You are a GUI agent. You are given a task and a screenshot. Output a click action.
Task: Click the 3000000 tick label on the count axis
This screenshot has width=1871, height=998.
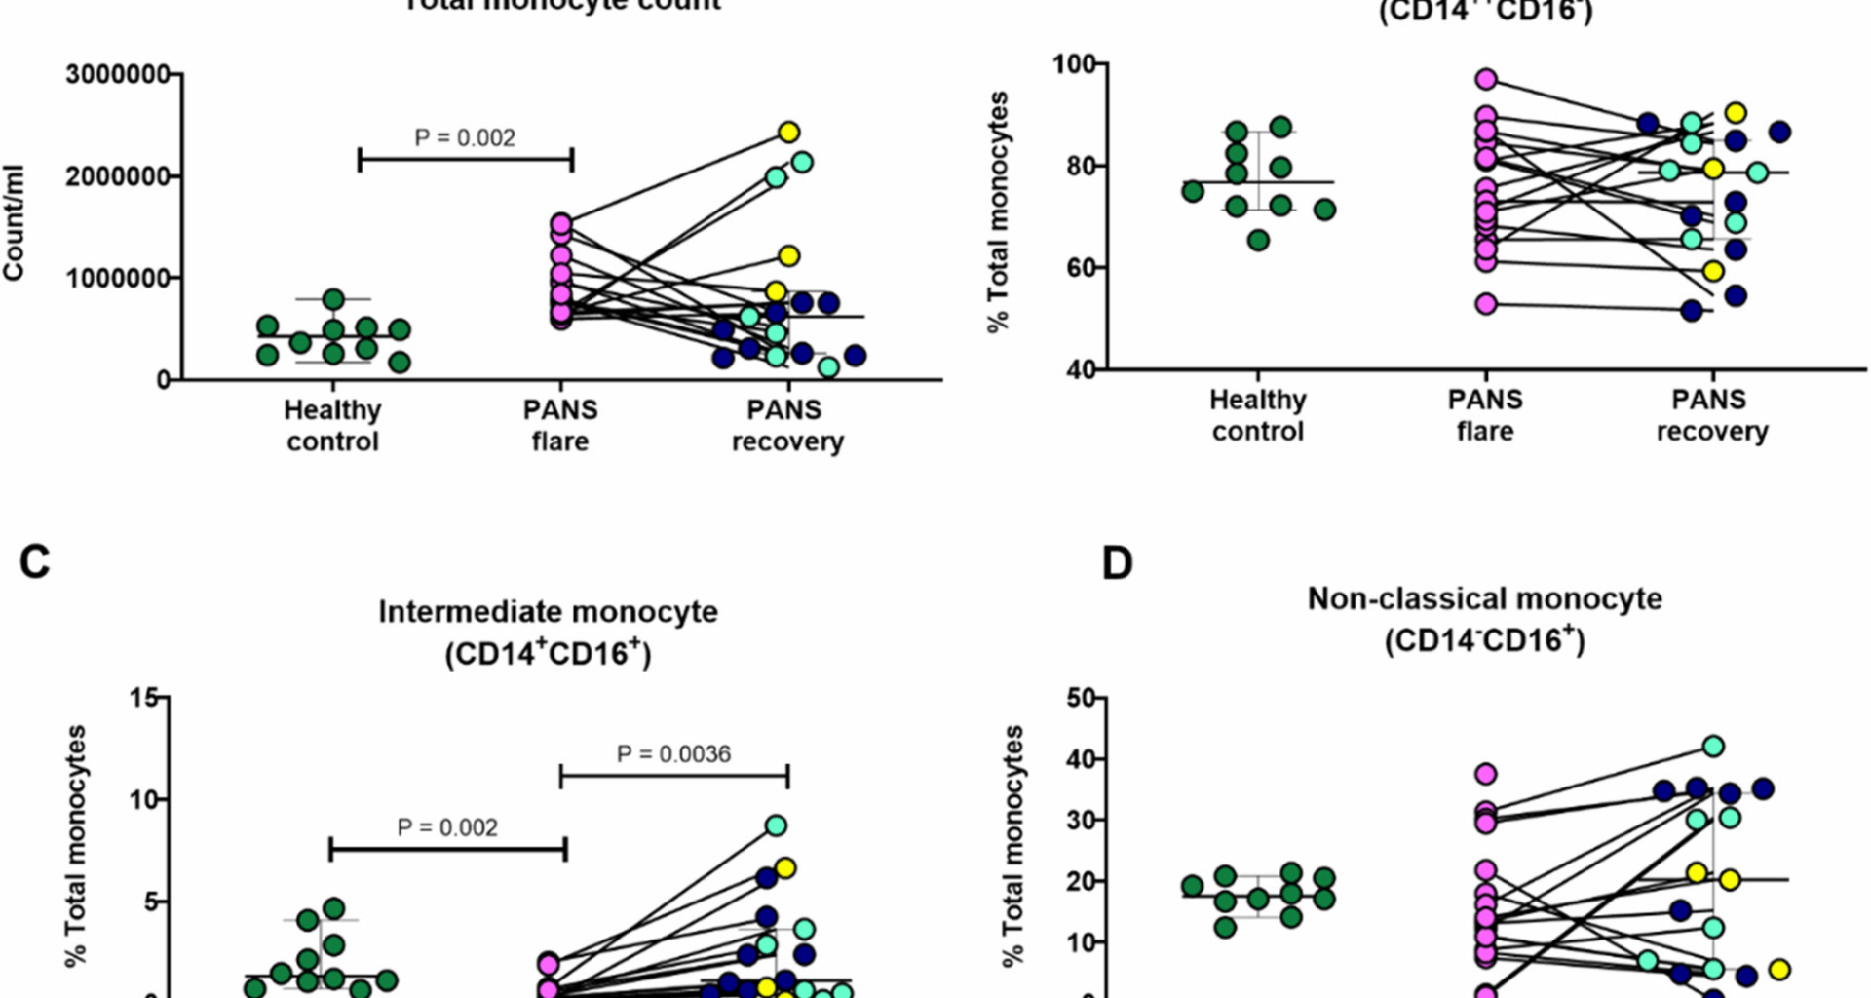coord(117,75)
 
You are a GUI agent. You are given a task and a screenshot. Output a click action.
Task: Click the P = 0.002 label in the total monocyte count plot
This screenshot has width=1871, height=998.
coord(465,138)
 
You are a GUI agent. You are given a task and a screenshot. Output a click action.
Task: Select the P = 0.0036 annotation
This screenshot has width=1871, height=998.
coord(673,754)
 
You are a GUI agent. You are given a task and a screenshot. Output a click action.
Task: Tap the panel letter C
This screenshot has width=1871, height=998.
coord(35,563)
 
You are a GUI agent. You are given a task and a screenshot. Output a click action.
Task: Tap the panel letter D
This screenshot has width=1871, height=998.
coord(1117,563)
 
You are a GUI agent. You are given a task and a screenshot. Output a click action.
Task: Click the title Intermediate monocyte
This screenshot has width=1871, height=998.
coord(548,612)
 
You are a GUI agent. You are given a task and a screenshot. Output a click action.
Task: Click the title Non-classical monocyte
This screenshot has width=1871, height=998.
coord(1484,598)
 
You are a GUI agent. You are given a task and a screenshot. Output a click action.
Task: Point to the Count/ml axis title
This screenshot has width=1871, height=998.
coord(14,224)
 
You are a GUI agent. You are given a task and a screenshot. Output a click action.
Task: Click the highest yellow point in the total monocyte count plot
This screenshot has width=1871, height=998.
coord(788,132)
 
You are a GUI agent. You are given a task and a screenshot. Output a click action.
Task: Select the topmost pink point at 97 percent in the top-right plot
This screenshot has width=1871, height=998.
coord(1486,80)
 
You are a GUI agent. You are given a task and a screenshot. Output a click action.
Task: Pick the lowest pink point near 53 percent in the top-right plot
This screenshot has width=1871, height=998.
coord(1486,304)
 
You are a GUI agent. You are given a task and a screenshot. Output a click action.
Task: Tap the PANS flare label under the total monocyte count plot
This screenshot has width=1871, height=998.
coord(560,425)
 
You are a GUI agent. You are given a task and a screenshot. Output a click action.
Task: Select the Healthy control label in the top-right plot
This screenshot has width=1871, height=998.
coord(1257,415)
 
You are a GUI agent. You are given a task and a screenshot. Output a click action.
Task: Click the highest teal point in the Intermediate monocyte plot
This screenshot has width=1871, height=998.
coord(776,825)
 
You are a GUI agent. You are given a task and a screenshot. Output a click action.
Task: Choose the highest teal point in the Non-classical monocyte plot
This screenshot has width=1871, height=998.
coord(1713,747)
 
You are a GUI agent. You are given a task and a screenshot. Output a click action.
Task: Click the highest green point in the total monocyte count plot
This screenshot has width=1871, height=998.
coord(333,299)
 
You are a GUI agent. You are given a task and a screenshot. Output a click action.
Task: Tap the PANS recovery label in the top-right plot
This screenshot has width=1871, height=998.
coord(1712,415)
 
